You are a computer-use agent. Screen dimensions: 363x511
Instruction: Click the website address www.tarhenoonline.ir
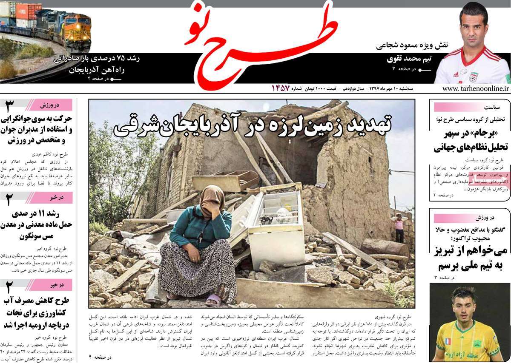pos(476,89)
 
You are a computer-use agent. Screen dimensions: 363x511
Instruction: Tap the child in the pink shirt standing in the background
pos(399,227)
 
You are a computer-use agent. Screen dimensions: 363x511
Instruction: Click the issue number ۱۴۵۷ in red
pos(281,89)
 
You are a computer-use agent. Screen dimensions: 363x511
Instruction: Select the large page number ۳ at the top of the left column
pos(10,106)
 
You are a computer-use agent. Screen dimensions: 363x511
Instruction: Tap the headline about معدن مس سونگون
pos(37,224)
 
